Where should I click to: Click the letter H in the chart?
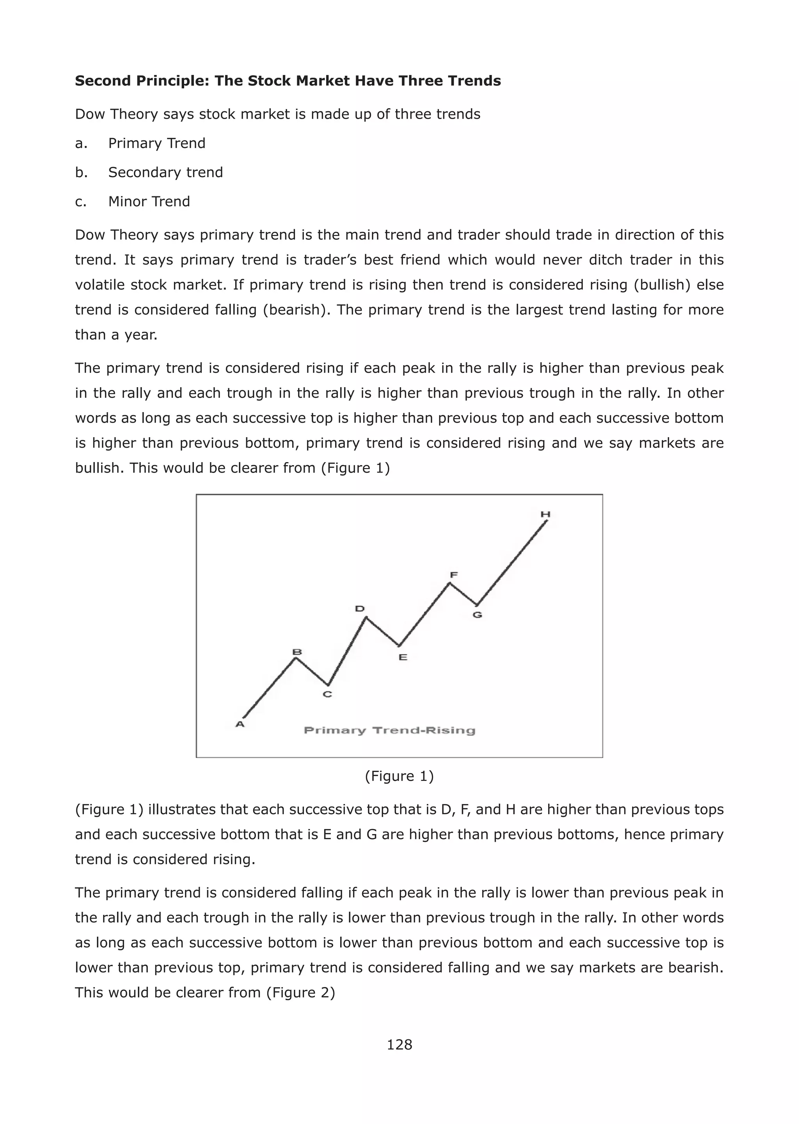545,514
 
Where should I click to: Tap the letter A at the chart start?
240,724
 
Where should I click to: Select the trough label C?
327,694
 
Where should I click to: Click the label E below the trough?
403,657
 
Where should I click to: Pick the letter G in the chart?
477,615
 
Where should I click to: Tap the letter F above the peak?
454,575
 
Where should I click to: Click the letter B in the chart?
297,653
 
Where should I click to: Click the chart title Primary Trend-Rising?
389,730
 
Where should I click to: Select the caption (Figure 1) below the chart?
399,776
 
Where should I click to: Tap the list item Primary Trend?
156,143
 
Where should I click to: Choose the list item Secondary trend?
165,172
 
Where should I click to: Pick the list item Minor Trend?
149,201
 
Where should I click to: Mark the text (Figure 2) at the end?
301,992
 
